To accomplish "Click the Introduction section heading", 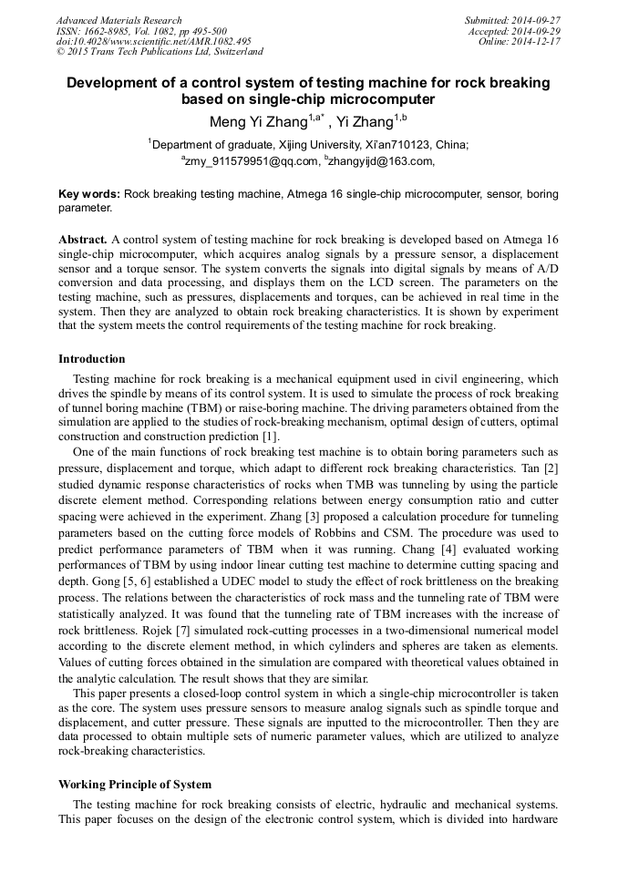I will tap(92, 359).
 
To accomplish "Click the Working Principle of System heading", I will tap(135, 785).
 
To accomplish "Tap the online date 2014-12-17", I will tap(538, 42).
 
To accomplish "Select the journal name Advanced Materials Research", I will tap(118, 20).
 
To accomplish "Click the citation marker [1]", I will tap(271, 437).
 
